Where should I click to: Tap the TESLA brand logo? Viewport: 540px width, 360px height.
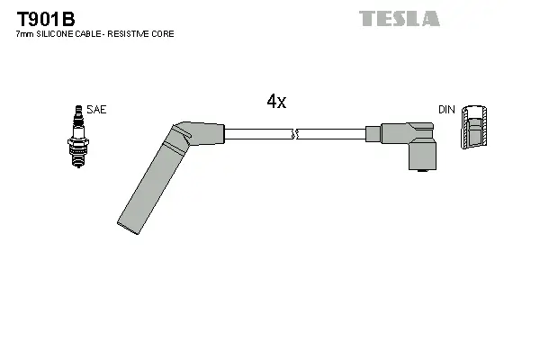tap(399, 17)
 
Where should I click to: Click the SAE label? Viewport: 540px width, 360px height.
tap(96, 109)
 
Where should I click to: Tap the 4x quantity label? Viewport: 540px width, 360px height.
tap(276, 103)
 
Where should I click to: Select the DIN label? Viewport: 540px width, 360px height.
tap(446, 110)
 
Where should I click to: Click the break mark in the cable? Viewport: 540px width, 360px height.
tap(294, 135)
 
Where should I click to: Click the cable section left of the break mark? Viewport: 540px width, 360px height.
tap(256, 135)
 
